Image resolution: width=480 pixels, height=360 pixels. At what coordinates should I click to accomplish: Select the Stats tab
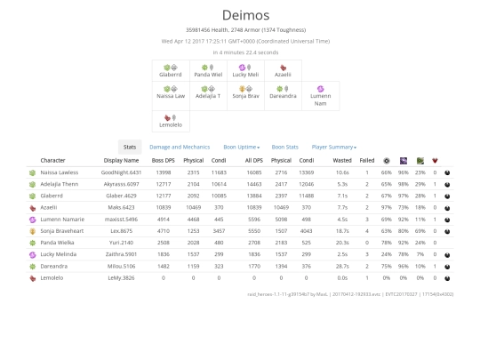[130, 147]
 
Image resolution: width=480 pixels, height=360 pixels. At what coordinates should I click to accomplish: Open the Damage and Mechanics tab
[180, 147]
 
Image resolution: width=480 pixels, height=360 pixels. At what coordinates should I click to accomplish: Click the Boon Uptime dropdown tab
[240, 147]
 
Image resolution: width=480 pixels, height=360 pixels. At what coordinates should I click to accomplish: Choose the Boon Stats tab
[284, 147]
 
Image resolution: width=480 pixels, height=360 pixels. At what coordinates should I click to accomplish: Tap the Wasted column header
[341, 161]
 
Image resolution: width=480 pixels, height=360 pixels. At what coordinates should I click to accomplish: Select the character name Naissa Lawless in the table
[60, 172]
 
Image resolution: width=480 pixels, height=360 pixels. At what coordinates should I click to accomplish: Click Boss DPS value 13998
[163, 172]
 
